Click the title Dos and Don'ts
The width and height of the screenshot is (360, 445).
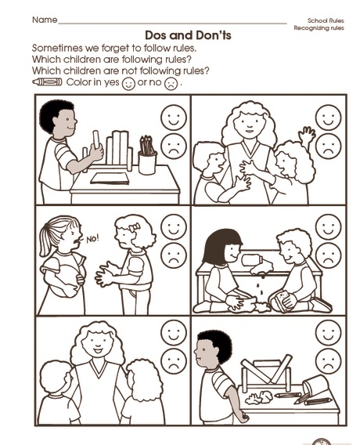[188, 35]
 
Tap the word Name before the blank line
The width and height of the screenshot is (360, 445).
[45, 20]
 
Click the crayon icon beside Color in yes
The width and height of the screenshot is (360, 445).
[47, 82]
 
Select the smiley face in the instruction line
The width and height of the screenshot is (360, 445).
[128, 84]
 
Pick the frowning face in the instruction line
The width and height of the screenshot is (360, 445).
[171, 84]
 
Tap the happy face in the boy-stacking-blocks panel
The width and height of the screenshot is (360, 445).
[174, 118]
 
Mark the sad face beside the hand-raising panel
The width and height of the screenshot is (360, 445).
[329, 147]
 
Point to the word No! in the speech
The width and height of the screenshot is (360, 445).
[92, 239]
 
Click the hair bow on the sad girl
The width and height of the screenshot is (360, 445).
[135, 227]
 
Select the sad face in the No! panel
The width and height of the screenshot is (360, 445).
[174, 255]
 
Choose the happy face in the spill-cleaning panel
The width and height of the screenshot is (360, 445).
[329, 227]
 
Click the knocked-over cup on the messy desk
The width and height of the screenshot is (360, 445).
[315, 385]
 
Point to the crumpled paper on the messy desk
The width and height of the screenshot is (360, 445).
[259, 397]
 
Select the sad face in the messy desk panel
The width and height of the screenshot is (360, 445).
[329, 362]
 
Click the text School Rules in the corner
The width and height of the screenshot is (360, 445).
[326, 20]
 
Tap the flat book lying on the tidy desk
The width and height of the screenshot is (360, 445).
[110, 179]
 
